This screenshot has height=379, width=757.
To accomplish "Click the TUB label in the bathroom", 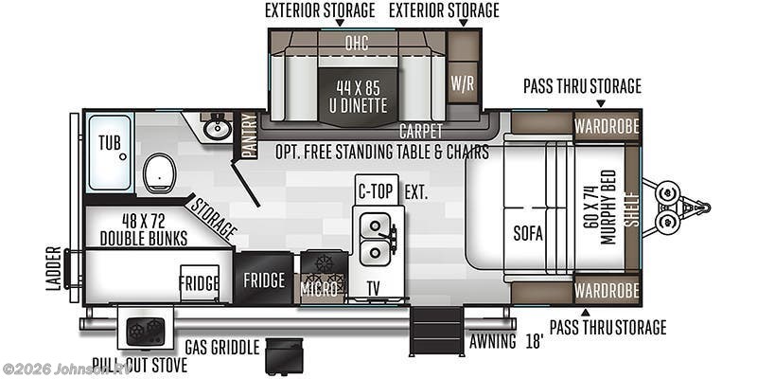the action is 110,143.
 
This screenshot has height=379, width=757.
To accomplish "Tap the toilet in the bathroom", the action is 158,173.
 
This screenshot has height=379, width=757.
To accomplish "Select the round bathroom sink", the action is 216,129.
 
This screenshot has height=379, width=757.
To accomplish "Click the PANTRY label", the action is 249,135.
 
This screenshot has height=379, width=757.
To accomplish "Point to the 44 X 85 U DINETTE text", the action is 359,97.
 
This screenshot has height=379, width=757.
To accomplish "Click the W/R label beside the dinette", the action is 463,83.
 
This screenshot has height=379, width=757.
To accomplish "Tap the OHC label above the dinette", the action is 357,44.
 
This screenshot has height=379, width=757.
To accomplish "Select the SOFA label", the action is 528,234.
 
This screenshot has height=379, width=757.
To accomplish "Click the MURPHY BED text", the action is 607,207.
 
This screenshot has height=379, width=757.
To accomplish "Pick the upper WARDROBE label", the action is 607,127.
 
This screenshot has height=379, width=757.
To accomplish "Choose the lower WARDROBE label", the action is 607,291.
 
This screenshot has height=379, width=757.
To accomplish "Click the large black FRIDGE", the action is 264,279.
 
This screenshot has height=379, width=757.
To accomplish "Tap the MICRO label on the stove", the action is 319,289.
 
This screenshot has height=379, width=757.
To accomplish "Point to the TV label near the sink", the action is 373,289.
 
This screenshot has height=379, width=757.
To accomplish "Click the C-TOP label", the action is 376,192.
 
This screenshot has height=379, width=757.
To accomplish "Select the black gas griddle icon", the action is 285,356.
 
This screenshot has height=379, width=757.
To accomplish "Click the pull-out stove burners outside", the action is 146,332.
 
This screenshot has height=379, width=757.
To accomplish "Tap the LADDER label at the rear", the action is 54,268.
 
